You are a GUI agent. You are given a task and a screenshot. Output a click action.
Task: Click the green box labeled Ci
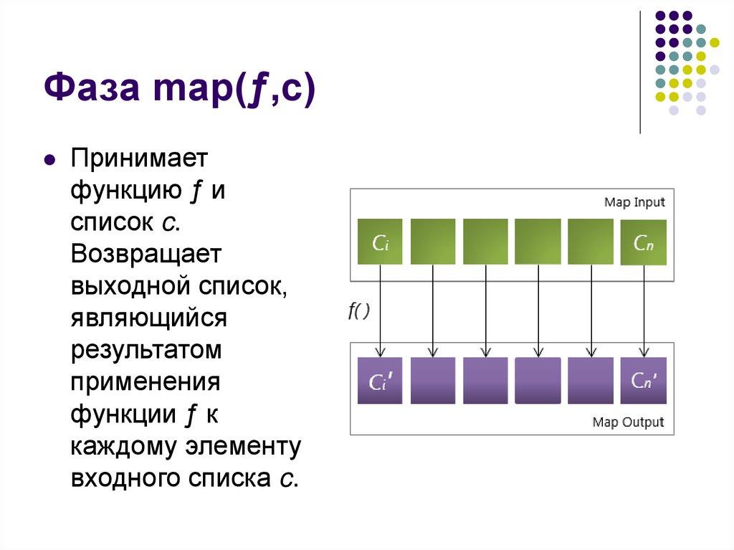pos(380,242)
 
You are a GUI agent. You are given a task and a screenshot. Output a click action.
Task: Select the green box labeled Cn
pos(643,242)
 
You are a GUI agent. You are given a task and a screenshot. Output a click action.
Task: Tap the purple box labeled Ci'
pos(380,380)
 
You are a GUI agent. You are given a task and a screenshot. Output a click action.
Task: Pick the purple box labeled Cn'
pos(643,380)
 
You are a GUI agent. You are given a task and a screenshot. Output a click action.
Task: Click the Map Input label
pos(634,202)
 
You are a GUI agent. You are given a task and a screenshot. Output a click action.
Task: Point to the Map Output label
pos(628,422)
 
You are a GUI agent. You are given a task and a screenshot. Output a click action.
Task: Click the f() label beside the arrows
pos(358,312)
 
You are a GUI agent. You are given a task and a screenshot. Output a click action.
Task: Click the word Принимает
pos(138,160)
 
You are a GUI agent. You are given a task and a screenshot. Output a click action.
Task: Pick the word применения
pos(145,383)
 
